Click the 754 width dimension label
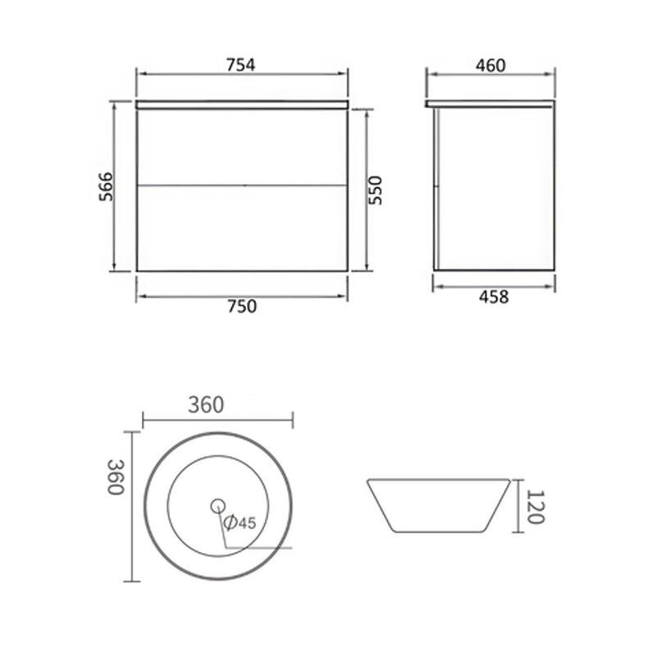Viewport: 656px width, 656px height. (x=240, y=65)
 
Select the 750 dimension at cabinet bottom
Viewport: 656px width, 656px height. (x=242, y=306)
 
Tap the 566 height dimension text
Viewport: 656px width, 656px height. (x=106, y=186)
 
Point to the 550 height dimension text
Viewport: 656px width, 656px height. (x=376, y=190)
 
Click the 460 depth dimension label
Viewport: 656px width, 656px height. (x=490, y=66)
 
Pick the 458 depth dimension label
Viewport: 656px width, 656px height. (x=494, y=297)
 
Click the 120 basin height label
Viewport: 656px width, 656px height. (x=535, y=507)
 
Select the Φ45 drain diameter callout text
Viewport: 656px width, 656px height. (x=239, y=522)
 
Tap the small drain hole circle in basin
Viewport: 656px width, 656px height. (x=218, y=506)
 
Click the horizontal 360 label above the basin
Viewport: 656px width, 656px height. (x=206, y=404)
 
